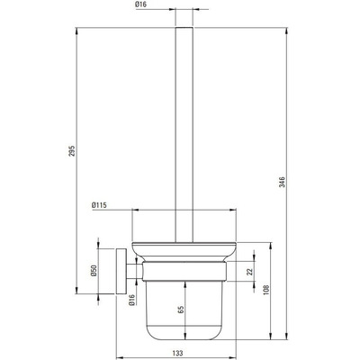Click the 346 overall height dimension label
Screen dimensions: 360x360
[282, 182]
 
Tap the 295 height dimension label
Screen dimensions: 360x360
[72, 151]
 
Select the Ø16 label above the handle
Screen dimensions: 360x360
[141, 4]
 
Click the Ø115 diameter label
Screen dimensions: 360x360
[100, 205]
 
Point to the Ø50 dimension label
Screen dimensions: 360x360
[94, 271]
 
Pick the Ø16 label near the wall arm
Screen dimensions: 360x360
[132, 300]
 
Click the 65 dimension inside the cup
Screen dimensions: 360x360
[181, 310]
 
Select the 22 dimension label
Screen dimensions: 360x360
[249, 272]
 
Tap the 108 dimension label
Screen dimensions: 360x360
[265, 290]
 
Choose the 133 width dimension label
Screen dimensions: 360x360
[178, 353]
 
